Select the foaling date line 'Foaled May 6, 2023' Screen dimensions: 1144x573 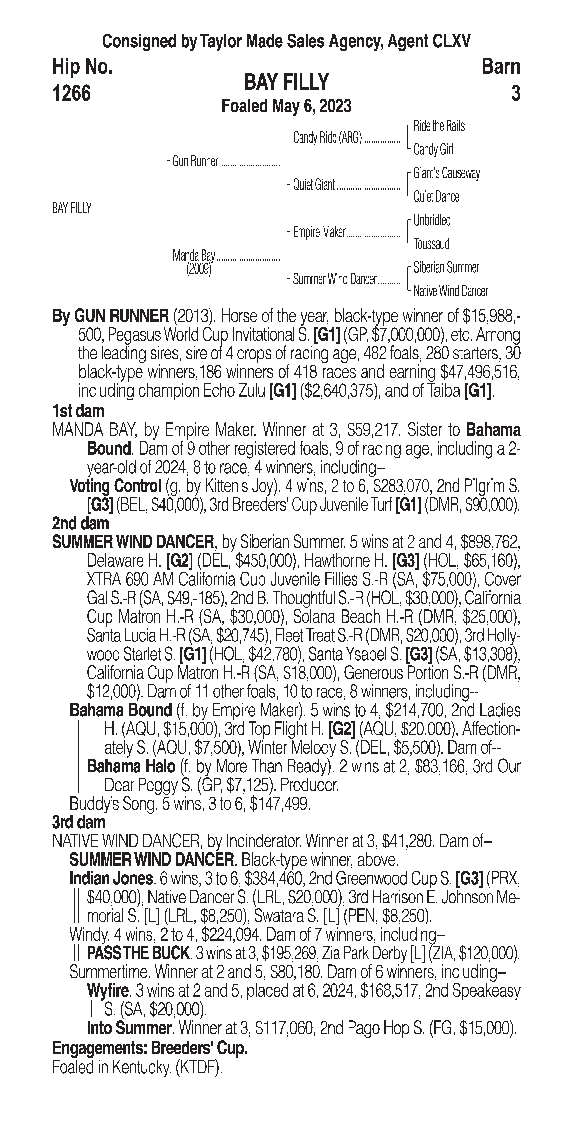click(286, 106)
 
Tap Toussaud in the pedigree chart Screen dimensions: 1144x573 click(431, 244)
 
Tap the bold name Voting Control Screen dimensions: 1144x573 click(115, 486)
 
